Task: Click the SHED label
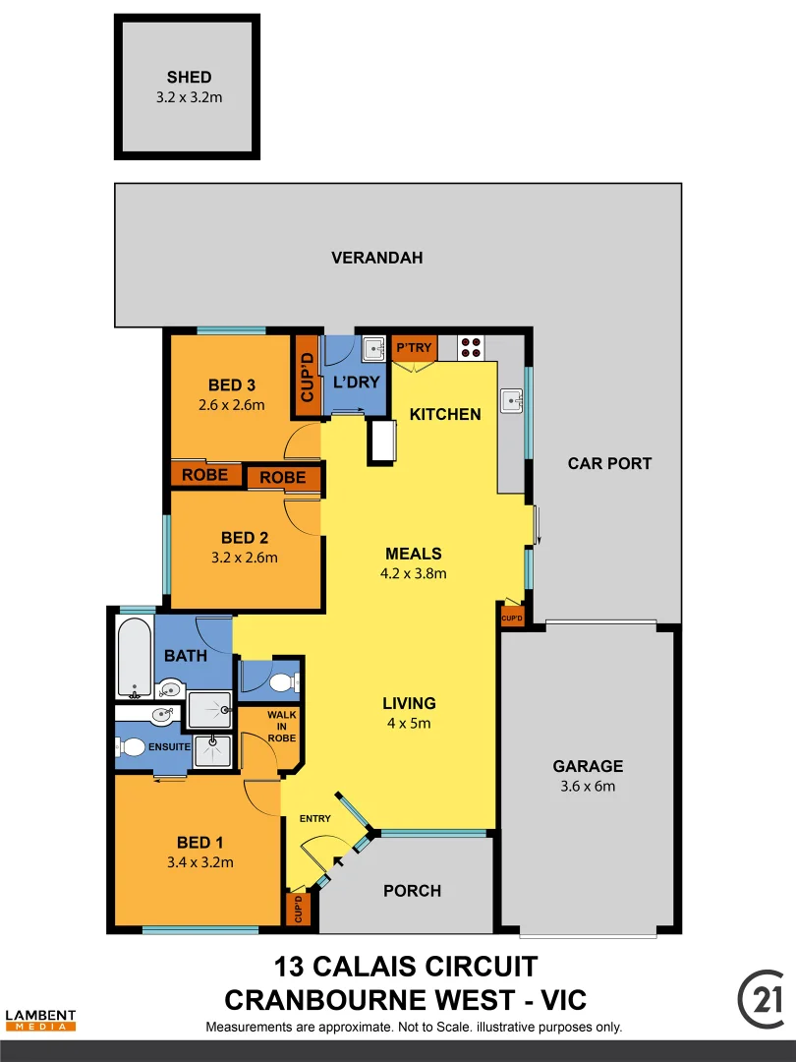click(189, 77)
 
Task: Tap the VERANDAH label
click(376, 258)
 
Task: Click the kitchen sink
click(511, 401)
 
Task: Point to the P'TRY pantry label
click(413, 347)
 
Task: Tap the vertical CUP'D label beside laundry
click(307, 377)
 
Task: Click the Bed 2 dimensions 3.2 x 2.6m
click(245, 557)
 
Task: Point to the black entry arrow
click(339, 862)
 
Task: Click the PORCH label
click(412, 891)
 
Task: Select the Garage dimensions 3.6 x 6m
click(588, 786)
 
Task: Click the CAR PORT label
click(609, 463)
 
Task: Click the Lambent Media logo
click(40, 1020)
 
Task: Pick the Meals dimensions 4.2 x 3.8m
click(414, 573)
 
